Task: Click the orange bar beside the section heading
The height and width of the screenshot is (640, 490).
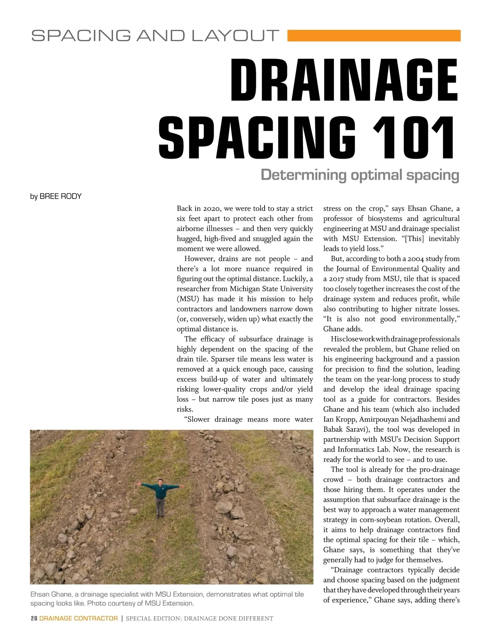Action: click(374, 35)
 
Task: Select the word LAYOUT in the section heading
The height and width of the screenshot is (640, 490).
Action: click(236, 36)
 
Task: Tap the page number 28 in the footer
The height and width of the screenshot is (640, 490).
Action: click(34, 618)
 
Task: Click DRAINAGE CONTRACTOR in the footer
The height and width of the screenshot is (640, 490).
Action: click(78, 618)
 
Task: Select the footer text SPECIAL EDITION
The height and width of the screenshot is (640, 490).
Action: click(153, 619)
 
